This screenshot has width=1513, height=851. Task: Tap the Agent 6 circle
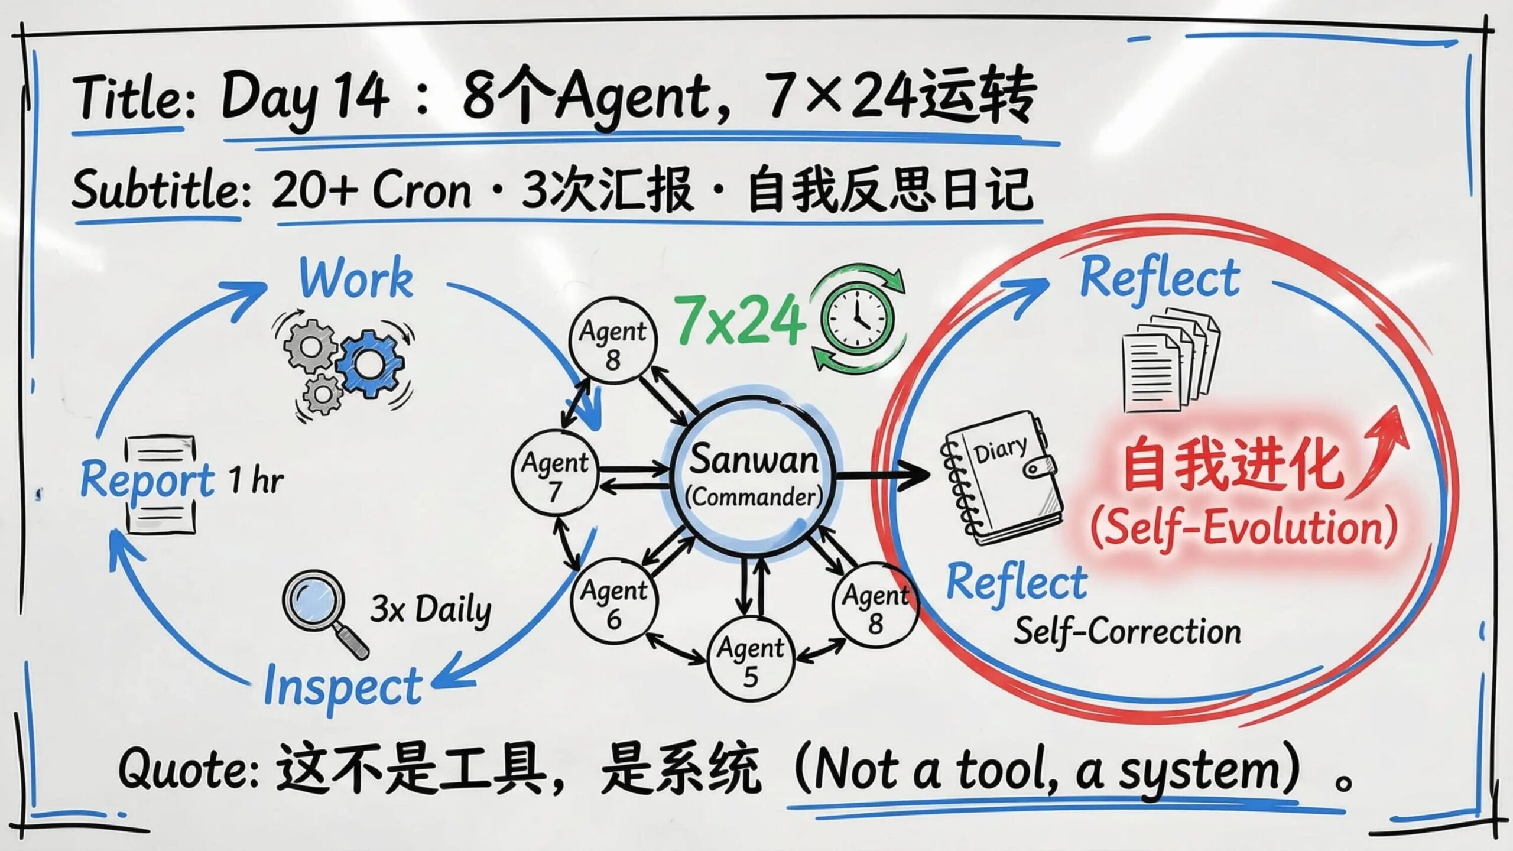pos(613,603)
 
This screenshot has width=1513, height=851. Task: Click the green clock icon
pos(858,319)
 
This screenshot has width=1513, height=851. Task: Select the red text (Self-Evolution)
pos(1245,528)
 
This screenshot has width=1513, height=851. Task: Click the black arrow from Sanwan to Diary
pos(884,475)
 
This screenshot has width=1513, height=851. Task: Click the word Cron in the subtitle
pos(422,190)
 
